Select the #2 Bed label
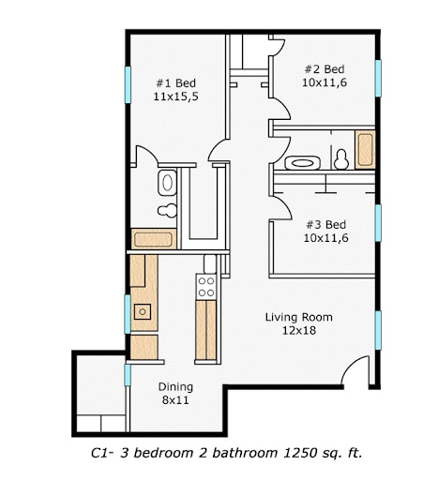[x=325, y=69]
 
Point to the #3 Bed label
[x=325, y=224]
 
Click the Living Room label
[x=298, y=317]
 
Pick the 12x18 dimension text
[x=298, y=330]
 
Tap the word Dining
[x=175, y=387]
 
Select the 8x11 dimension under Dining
[x=175, y=400]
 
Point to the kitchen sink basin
[x=143, y=311]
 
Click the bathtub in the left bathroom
[x=152, y=238]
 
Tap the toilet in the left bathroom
[x=167, y=208]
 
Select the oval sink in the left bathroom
[x=167, y=181]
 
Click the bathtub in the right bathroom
[x=365, y=149]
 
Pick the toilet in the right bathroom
[x=341, y=159]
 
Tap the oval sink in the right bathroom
[x=300, y=161]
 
